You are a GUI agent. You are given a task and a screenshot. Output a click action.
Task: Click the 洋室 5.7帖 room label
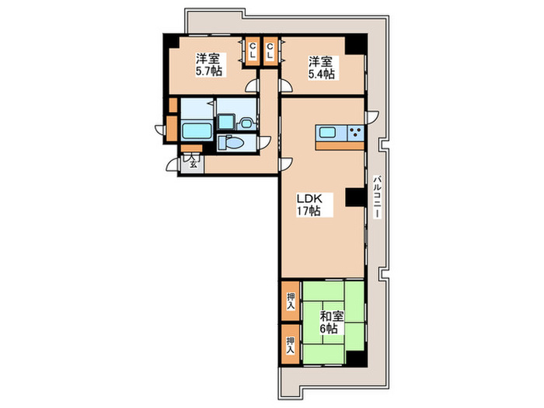click(x=209, y=65)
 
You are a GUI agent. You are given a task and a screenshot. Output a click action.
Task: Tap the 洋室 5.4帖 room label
click(x=322, y=68)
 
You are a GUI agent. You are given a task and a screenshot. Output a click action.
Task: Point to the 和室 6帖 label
click(x=331, y=323)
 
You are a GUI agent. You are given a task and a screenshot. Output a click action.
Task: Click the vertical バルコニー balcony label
click(x=377, y=197)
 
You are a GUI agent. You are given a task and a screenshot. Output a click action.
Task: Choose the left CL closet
click(x=253, y=51)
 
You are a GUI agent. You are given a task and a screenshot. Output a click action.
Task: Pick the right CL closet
click(x=270, y=51)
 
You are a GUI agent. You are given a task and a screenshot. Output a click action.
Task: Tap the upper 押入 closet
click(x=291, y=302)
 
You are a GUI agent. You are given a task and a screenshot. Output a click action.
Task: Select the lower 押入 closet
click(x=291, y=344)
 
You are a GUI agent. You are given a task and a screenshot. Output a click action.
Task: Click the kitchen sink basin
click(x=327, y=133)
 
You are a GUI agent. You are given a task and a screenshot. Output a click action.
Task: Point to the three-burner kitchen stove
click(x=356, y=133)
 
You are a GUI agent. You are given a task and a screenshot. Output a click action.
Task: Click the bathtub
click(x=197, y=131)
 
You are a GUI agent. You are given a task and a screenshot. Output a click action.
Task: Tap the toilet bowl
click(x=232, y=142)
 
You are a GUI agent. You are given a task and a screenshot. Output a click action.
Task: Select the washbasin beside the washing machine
click(x=246, y=124)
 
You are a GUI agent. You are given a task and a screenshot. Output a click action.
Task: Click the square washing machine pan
click(x=226, y=122)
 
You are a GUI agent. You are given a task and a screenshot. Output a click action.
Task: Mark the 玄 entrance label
click(x=194, y=165)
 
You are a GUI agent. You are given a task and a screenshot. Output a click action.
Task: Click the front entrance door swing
click(x=173, y=165)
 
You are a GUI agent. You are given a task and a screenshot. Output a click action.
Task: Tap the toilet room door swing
click(x=264, y=142)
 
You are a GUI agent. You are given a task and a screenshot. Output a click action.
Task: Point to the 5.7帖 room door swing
click(x=253, y=85)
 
